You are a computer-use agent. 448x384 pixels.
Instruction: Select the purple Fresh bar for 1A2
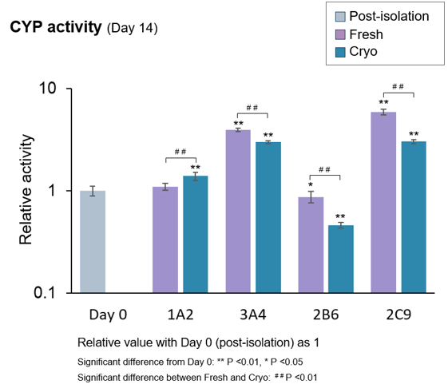tap(165, 240)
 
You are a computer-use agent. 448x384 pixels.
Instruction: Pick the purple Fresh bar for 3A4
tap(238, 211)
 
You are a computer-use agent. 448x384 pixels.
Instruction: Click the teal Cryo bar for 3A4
tap(268, 216)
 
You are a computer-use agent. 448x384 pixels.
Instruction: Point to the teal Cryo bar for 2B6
tap(340, 259)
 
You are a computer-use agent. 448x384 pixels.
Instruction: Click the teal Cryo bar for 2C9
tap(413, 216)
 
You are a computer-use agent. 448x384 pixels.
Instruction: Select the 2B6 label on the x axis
tap(325, 315)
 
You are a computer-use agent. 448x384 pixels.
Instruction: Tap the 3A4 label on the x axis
tap(252, 315)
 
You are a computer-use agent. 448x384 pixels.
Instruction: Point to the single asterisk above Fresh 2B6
tap(311, 186)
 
